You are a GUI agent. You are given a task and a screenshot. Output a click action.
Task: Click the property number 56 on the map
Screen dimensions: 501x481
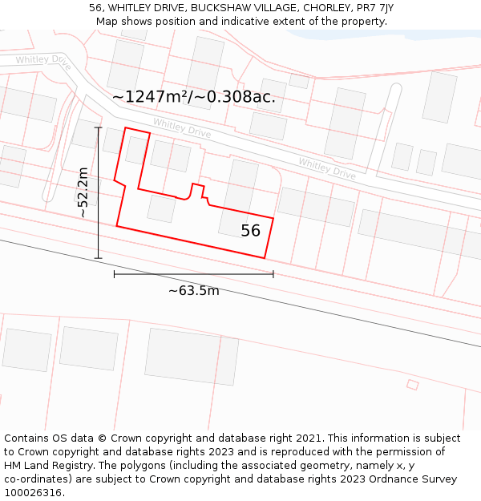tap(251, 231)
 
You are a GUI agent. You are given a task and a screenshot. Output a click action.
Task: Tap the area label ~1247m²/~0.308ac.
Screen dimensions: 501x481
tap(194, 97)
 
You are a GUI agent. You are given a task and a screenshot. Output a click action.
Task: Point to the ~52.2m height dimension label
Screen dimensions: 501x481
tap(83, 192)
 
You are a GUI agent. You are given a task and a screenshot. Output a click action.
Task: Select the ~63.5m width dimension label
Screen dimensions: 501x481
tap(193, 291)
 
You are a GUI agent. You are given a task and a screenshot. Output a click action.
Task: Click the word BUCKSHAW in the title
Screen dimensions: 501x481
tap(218, 8)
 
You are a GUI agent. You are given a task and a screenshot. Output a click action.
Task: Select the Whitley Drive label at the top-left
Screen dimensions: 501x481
tap(43, 59)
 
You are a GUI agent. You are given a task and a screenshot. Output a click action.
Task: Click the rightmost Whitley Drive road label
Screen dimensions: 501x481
tap(327, 168)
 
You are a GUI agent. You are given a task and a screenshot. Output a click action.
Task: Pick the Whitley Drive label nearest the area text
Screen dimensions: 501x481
tap(182, 128)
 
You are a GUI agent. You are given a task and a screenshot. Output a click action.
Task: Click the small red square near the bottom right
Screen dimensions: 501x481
tap(413, 386)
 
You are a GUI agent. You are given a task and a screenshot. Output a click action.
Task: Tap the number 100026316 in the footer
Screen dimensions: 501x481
tap(33, 493)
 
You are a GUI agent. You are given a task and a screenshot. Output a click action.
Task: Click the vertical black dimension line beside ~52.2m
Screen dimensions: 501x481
tap(99, 192)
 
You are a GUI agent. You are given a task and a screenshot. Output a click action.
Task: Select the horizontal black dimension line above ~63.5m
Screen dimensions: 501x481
tap(193, 274)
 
